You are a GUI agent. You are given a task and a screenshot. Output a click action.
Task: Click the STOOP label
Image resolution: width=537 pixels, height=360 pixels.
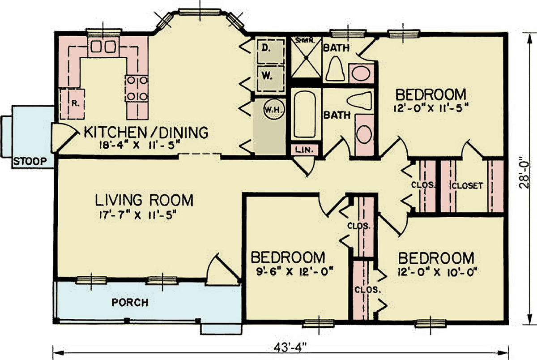click(x=30, y=161)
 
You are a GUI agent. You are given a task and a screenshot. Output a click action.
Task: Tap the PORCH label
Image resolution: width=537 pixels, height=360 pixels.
click(x=130, y=303)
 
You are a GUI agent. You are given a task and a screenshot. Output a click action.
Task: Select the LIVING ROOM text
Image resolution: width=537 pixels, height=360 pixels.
click(x=144, y=200)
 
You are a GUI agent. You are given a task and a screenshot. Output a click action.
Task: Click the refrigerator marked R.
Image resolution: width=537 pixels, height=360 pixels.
click(x=72, y=104)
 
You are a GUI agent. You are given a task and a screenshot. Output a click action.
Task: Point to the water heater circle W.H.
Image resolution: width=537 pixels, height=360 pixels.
click(x=274, y=110)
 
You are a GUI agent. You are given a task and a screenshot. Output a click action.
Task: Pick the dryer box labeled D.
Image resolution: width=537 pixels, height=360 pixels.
click(x=271, y=51)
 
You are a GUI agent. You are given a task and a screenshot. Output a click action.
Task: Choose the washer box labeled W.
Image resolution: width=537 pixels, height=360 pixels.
click(x=271, y=78)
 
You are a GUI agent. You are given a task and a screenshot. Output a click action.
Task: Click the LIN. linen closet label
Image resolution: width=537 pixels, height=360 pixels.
click(x=304, y=150)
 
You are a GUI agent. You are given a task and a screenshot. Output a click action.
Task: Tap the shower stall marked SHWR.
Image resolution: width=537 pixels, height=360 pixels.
click(x=306, y=58)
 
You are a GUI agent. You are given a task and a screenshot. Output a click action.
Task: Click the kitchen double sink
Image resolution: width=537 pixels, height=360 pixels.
click(x=103, y=47)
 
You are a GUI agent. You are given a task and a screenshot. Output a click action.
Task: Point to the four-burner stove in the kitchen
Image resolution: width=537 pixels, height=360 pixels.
click(x=137, y=89)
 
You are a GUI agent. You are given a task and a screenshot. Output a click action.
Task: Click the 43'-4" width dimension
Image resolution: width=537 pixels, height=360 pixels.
click(x=290, y=347)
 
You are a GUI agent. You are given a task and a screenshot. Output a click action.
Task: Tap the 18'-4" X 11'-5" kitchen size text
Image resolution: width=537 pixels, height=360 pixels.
click(x=139, y=145)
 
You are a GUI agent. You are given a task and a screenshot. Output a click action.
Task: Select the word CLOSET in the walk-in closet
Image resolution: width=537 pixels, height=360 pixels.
click(x=467, y=186)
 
